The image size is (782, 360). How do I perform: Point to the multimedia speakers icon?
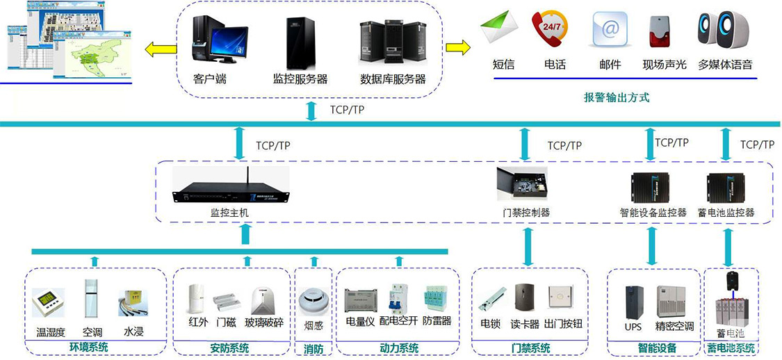click(724, 29)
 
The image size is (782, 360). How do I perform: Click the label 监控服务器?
click(300, 79)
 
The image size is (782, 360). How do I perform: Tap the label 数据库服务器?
click(393, 79)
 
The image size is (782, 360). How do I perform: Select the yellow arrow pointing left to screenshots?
click(160, 48)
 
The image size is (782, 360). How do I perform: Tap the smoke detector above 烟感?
click(312, 300)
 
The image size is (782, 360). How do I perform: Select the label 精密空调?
click(674, 326)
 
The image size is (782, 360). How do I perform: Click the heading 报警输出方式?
click(617, 98)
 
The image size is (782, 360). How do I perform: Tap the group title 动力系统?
click(399, 348)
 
